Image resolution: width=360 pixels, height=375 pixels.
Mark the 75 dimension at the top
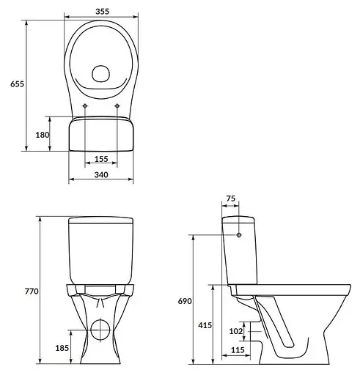click(x=230, y=198)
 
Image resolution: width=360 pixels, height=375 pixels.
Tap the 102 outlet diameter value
click(x=236, y=331)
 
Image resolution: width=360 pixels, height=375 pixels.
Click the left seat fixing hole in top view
click(x=86, y=108)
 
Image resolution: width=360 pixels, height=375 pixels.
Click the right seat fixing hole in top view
click(x=117, y=108)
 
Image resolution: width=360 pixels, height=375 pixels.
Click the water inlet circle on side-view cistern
click(x=240, y=235)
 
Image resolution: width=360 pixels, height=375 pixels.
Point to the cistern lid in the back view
click(x=101, y=221)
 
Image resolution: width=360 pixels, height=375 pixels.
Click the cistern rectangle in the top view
click(x=101, y=136)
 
